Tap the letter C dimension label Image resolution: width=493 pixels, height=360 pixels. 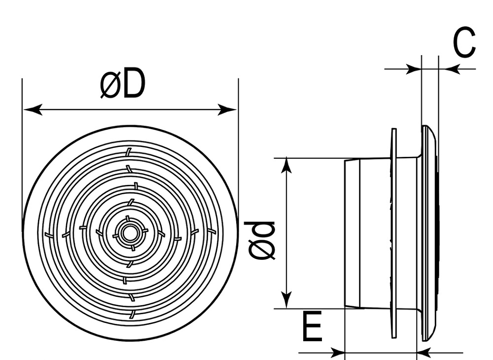464,43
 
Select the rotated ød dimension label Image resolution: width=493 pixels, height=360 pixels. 261,241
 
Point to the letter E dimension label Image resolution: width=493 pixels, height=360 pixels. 312,326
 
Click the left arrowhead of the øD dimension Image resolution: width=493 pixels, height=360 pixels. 33,110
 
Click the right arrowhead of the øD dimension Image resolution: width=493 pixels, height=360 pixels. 227,110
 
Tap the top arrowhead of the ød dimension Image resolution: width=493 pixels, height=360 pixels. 286,165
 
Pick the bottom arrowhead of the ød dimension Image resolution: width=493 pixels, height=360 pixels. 286,301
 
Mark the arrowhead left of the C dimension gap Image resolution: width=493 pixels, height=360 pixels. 413,69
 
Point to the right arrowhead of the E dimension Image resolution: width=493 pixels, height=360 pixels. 425,353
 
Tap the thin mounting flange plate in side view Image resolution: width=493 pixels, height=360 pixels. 394,233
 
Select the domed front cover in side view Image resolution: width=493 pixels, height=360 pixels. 430,233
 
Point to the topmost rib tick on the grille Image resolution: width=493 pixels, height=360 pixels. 128,152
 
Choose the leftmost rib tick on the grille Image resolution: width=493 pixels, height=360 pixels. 49,235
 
